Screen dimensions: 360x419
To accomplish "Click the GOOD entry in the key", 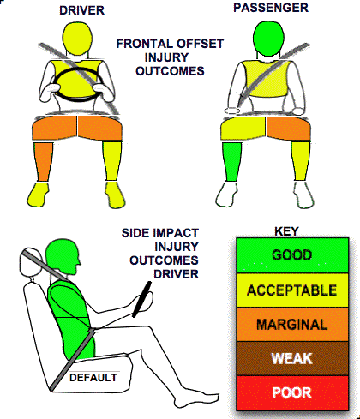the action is [292, 255].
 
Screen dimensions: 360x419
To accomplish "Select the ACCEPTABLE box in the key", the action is [292, 290].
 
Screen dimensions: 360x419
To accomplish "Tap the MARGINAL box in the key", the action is [292, 324].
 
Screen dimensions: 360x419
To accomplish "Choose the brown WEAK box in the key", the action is [292, 358].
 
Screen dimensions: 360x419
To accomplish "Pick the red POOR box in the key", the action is [292, 392].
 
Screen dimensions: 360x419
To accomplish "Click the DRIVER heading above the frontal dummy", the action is [81, 10].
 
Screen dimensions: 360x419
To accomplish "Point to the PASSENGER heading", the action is [271, 8].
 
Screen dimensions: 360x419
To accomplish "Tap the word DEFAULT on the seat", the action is [93, 378].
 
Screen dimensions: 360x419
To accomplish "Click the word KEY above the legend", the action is [286, 231].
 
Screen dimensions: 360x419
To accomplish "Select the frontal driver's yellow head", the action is [77, 39].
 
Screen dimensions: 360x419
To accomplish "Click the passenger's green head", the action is [268, 38].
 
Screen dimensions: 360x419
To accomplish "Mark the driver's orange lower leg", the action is [43, 161].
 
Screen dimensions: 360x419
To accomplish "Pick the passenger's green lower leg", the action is [231, 162].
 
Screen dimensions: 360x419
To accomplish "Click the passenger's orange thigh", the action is [288, 129].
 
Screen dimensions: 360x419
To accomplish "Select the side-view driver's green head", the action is [63, 257].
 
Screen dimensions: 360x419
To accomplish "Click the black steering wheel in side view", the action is [141, 299].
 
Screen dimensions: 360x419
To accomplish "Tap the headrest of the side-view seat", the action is [30, 264].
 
